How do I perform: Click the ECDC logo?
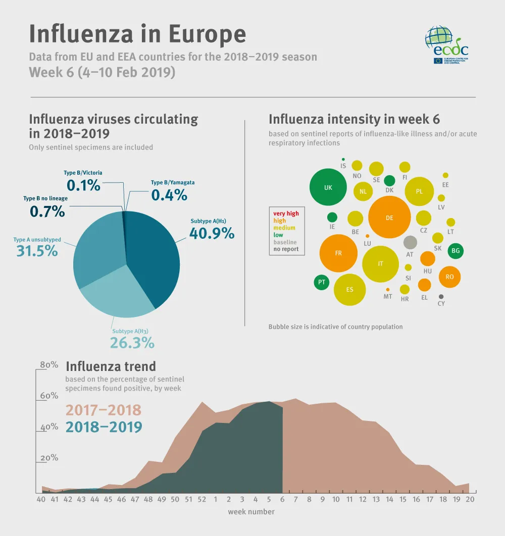tap(446, 46)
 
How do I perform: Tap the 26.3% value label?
tap(132, 343)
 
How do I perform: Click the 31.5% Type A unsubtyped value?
tap(37, 250)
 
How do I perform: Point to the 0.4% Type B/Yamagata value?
tap(169, 195)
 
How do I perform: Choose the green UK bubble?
tap(328, 187)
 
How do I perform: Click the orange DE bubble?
tap(389, 218)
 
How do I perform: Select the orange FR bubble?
tap(338, 253)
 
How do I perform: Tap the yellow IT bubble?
tap(381, 263)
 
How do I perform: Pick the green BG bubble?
tap(456, 250)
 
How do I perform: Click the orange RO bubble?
tap(449, 277)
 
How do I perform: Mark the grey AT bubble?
tap(410, 242)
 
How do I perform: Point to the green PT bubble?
tap(321, 282)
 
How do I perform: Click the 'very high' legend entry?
tap(286, 213)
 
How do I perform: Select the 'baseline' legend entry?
tap(285, 242)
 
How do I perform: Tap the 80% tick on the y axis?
tap(49, 365)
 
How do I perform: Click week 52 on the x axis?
tap(202, 499)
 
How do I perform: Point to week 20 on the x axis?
tap(469, 499)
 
